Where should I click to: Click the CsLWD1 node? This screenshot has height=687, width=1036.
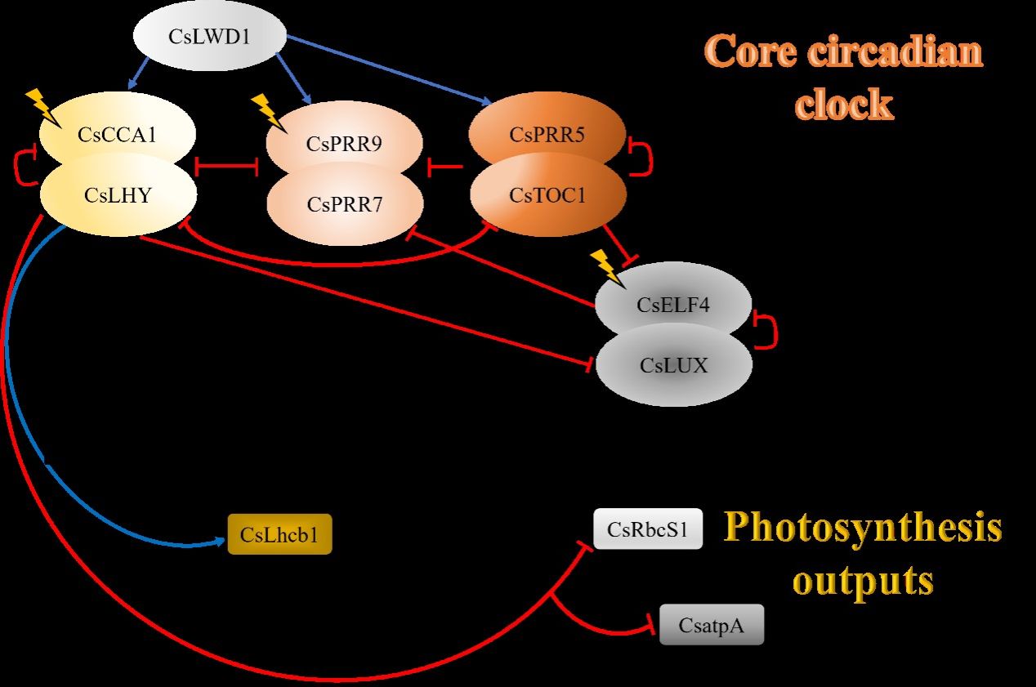point(210,37)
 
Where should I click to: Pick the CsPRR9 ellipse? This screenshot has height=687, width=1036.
point(345,144)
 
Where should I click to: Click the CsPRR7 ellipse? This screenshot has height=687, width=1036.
point(345,204)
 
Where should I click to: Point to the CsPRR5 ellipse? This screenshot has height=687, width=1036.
point(547,134)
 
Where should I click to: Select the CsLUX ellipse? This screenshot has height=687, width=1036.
point(673,365)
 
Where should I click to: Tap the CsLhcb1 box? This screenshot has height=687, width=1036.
point(279,535)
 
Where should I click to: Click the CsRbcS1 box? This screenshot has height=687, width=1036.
point(648,529)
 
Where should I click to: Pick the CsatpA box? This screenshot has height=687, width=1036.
point(711,626)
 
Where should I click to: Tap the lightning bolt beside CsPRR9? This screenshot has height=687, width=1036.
point(266,110)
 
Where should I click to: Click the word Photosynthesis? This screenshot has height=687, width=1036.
point(862,528)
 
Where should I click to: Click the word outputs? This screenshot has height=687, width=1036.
point(863,581)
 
